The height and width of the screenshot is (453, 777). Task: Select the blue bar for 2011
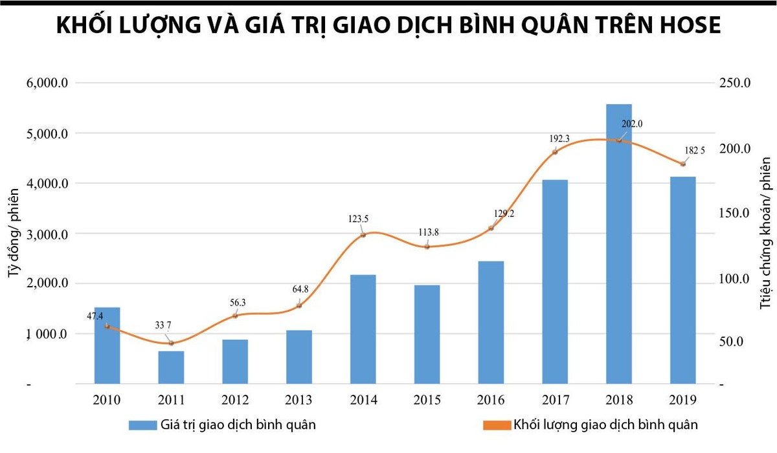[171, 368]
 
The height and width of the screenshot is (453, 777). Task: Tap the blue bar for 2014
[363, 329]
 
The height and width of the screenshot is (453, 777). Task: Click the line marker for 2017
[555, 152]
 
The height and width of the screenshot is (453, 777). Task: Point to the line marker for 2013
[298, 305]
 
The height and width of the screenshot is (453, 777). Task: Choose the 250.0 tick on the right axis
[735, 83]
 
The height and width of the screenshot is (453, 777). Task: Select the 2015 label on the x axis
[427, 400]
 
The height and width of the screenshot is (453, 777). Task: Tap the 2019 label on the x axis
[682, 400]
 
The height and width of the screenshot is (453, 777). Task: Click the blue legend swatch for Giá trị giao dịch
[142, 425]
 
